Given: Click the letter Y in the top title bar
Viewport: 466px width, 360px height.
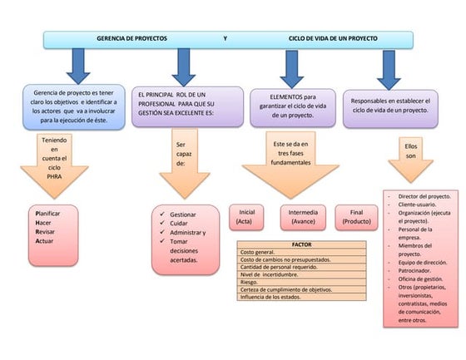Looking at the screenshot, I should [225, 39].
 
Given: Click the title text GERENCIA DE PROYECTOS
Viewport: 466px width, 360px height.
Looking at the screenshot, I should [131, 39].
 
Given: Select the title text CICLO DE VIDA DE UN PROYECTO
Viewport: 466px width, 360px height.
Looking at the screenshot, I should [333, 39].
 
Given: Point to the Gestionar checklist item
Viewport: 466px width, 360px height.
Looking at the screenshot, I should [182, 215].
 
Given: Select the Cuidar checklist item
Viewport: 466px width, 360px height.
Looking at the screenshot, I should [179, 224].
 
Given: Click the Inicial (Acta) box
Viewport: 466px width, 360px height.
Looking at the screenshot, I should [246, 217].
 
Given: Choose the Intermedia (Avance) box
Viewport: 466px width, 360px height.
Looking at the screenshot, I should [302, 217].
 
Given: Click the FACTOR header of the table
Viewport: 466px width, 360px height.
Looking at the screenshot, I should [301, 244].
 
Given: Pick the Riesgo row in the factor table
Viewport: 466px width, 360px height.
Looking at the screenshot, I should [250, 282].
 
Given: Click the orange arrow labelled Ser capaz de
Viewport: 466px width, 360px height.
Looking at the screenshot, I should [181, 162].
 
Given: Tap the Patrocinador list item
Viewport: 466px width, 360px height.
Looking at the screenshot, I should [417, 270].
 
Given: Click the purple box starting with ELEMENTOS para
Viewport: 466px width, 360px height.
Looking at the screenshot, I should [291, 106].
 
